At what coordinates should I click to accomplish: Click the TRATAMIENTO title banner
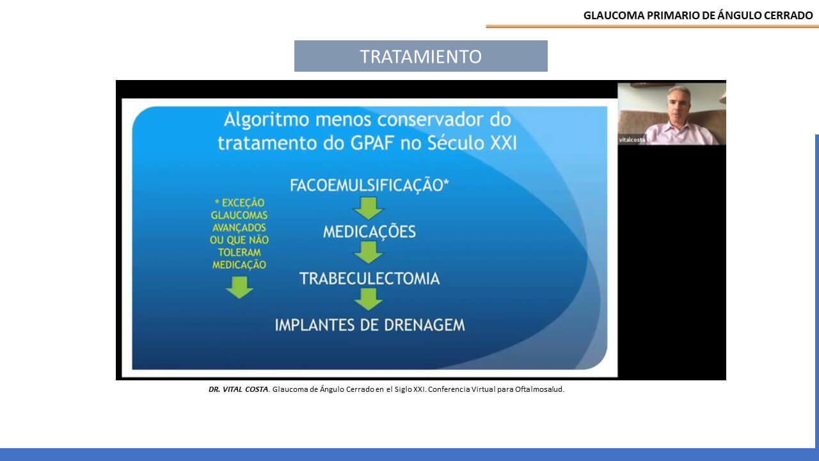(421, 56)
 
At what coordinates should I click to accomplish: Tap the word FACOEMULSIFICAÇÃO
(367, 185)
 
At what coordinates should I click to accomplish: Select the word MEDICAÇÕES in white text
(369, 232)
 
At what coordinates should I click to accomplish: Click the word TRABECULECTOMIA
(369, 279)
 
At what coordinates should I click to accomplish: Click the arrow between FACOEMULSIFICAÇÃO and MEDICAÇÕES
(368, 208)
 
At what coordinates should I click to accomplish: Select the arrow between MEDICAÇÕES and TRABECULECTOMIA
(368, 252)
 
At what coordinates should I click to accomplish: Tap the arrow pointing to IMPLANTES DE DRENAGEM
(368, 299)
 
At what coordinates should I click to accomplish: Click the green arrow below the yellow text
(239, 287)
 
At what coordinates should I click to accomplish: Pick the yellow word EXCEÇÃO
(243, 203)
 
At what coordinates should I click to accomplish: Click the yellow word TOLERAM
(239, 252)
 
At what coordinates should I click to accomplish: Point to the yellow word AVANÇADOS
(239, 227)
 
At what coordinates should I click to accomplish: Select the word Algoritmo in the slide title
(267, 119)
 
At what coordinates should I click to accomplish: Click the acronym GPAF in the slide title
(372, 143)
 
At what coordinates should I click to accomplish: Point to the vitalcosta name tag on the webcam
(632, 140)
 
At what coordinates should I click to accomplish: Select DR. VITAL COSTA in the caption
(239, 389)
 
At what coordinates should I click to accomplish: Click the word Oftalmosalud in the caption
(539, 389)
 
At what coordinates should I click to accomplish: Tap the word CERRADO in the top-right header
(788, 15)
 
